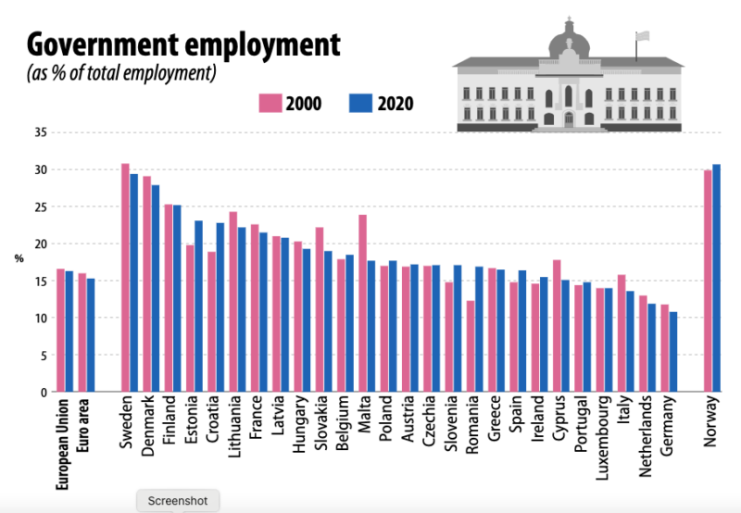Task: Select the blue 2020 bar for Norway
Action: tap(717, 278)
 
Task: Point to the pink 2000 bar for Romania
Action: tap(471, 346)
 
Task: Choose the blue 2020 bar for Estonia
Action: tap(198, 306)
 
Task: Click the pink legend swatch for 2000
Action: tap(270, 103)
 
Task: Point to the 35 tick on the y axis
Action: tap(40, 132)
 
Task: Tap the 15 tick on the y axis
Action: tap(40, 281)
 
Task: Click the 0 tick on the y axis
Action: tap(43, 392)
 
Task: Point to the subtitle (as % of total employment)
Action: tap(121, 73)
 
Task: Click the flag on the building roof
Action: tap(642, 37)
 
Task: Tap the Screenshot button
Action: tap(178, 501)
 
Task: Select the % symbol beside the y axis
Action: tap(19, 258)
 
